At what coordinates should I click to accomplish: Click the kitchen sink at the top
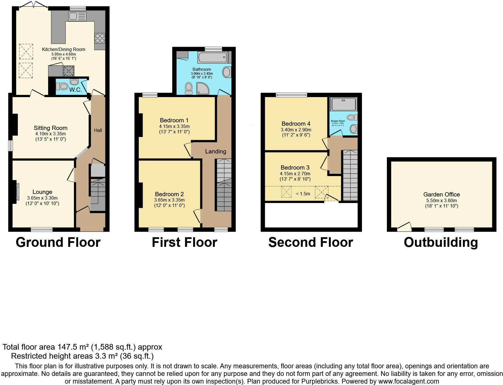click(x=77, y=16)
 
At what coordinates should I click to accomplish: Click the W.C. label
click(x=75, y=90)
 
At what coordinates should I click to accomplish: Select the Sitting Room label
click(x=50, y=128)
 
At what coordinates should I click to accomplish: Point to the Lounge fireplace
click(x=17, y=192)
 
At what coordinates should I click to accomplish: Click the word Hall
click(x=98, y=130)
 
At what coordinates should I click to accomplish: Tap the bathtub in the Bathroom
click(x=212, y=57)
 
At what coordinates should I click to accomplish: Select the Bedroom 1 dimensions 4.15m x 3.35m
click(x=174, y=126)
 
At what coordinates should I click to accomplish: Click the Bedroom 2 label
click(x=169, y=194)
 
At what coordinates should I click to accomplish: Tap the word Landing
click(x=216, y=151)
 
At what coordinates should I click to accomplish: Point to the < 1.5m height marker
click(x=303, y=194)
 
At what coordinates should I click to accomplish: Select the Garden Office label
click(x=441, y=194)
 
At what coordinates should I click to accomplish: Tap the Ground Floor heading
click(x=58, y=242)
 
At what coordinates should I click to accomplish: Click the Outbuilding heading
click(x=441, y=242)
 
